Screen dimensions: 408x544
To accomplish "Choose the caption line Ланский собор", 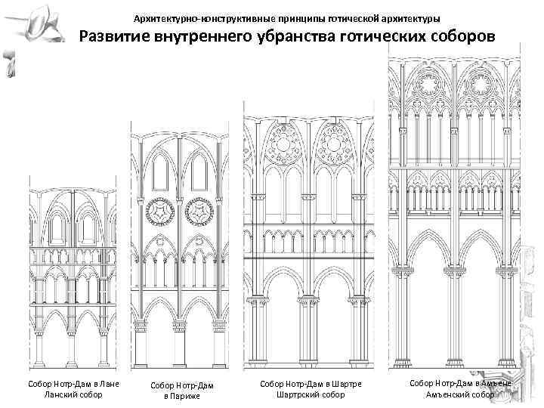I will tap(73, 394).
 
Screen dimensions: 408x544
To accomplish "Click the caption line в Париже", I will tap(182, 397).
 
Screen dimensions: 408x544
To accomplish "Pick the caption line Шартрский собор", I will tap(311, 394).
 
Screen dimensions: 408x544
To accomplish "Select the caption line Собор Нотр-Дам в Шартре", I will tap(311, 385).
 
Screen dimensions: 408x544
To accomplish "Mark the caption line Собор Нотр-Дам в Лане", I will tap(73, 385).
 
